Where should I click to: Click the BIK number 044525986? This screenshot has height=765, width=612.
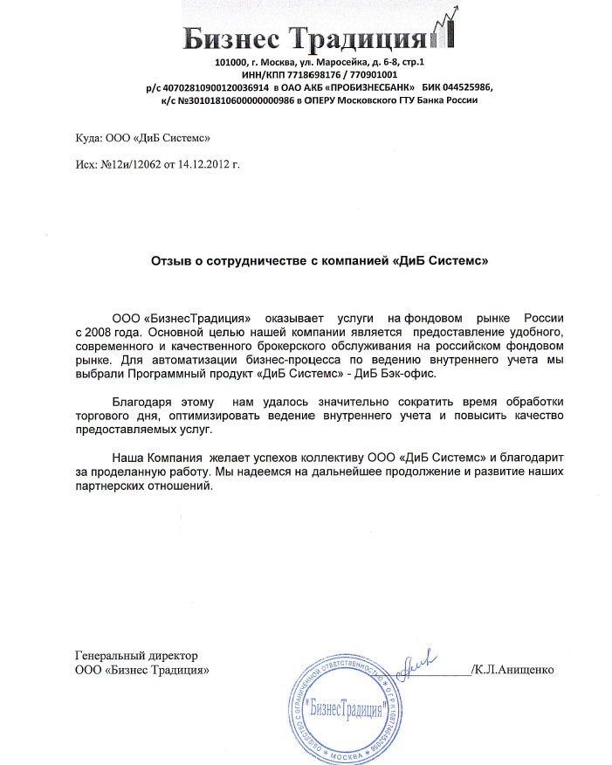[x=469, y=88]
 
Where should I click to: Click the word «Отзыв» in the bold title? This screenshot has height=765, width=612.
[x=173, y=260]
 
